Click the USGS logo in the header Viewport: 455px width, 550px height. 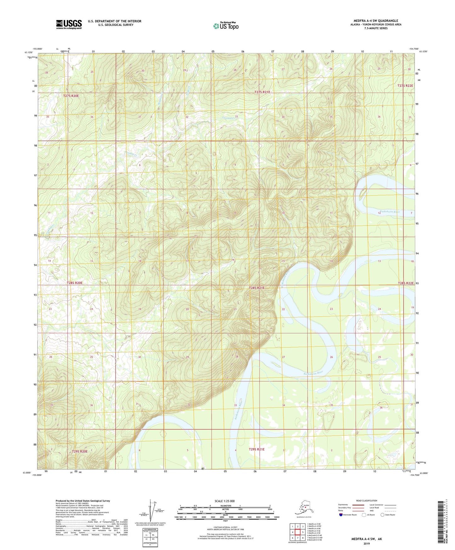pyautogui.click(x=69, y=24)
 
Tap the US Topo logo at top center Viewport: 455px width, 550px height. pyautogui.click(x=225, y=26)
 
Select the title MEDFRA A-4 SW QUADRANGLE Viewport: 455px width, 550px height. pyautogui.click(x=375, y=21)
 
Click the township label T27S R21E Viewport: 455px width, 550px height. pyautogui.click(x=262, y=92)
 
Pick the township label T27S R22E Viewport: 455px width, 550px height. pyautogui.click(x=405, y=86)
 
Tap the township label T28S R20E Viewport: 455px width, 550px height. pyautogui.click(x=75, y=283)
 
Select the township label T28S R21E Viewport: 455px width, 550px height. pyautogui.click(x=257, y=288)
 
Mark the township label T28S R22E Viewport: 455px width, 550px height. pyautogui.click(x=406, y=283)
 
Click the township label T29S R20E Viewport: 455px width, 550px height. pyautogui.click(x=79, y=451)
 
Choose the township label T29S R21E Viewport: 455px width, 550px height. pyautogui.click(x=257, y=449)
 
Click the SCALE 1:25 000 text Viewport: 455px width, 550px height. pyautogui.click(x=225, y=501)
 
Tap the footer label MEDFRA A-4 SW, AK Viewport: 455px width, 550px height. pyautogui.click(x=367, y=539)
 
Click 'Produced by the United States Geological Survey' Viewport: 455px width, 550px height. pyautogui.click(x=83, y=501)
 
